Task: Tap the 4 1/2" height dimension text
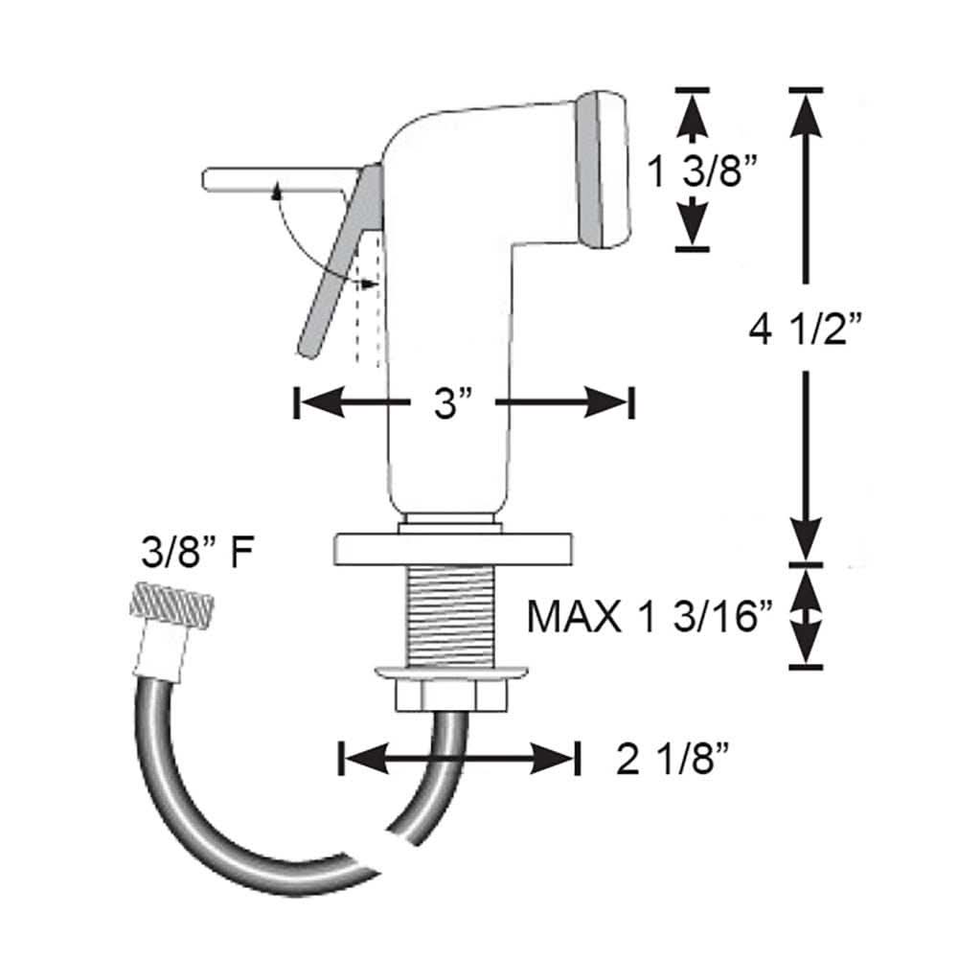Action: coord(807,332)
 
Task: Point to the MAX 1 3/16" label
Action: coord(650,617)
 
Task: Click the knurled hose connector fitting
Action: coord(170,607)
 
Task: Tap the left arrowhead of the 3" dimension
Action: coord(318,403)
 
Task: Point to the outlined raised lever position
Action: coord(273,180)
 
